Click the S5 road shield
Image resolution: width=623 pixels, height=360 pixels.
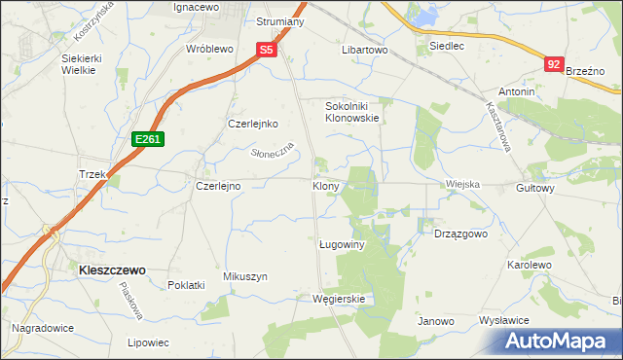[268, 49]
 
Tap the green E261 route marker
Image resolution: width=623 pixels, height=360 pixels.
[148, 140]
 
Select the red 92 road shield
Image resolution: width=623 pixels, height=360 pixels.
[554, 64]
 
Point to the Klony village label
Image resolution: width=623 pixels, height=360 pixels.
[326, 185]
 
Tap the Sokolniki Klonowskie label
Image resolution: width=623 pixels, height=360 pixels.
[351, 111]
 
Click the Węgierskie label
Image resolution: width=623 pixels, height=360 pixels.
[338, 299]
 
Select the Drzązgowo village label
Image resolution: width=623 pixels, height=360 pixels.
[460, 234]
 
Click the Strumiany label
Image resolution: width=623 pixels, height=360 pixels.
[280, 21]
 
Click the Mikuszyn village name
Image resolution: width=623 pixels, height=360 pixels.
[245, 276]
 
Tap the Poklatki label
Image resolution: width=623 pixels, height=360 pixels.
[186, 285]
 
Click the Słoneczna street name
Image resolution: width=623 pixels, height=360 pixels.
[273, 153]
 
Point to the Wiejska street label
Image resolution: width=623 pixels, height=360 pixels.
[463, 184]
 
